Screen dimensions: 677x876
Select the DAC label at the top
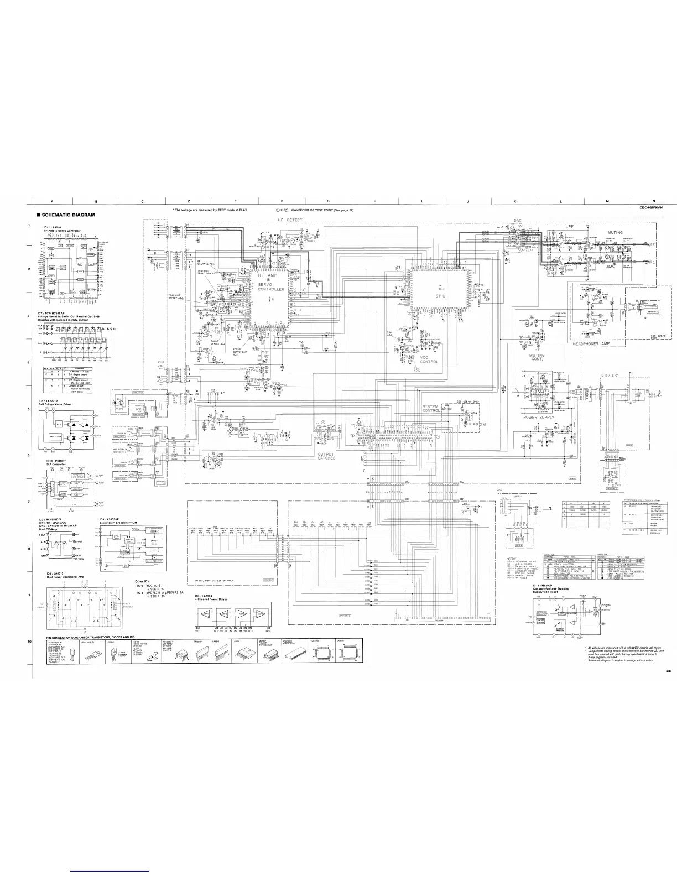tap(518, 220)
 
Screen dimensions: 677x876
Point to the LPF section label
tap(570, 226)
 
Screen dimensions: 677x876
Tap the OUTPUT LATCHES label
tap(326, 456)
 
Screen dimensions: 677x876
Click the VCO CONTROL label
tap(429, 359)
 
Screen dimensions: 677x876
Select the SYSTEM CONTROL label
tap(431, 409)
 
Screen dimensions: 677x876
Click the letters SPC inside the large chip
tap(440, 296)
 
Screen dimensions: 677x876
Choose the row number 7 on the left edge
tap(28, 502)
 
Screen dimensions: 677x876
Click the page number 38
tap(653, 655)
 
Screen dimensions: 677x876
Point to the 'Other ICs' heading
tap(143, 581)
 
